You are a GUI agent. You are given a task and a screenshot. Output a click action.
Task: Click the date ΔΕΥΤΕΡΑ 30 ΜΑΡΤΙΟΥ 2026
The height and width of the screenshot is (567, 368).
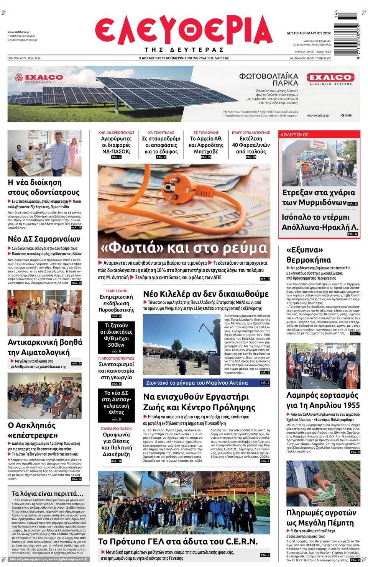tap(309, 33)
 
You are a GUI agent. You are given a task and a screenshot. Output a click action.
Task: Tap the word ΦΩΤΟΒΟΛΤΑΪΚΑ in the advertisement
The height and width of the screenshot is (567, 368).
tap(268, 76)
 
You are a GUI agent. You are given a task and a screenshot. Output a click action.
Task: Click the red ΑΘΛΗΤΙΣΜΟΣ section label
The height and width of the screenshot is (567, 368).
tap(294, 135)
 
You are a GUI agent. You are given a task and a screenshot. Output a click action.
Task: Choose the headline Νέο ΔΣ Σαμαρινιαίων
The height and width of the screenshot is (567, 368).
tap(44, 239)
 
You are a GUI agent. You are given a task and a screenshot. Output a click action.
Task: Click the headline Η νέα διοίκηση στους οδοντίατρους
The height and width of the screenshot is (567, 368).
tap(44, 187)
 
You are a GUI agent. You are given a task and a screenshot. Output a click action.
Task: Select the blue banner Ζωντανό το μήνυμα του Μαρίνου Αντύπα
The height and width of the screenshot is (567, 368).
tap(197, 383)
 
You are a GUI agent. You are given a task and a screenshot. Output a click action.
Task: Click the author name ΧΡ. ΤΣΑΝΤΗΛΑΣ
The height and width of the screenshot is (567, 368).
tap(161, 133)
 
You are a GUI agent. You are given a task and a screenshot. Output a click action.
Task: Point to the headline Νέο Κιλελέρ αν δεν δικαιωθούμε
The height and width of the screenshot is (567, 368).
tap(206, 294)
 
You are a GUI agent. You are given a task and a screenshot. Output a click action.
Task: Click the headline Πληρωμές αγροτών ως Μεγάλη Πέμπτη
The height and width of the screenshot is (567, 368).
tap(321, 518)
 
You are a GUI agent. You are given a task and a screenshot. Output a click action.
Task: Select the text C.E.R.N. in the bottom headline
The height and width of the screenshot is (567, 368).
tap(241, 541)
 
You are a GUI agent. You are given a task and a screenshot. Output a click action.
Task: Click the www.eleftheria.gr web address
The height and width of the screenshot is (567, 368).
tap(18, 32)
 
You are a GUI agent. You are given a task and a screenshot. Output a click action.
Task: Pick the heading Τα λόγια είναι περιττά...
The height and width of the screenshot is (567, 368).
tap(47, 493)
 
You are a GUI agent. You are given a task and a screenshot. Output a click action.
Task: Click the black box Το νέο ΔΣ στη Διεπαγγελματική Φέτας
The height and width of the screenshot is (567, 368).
tap(117, 403)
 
